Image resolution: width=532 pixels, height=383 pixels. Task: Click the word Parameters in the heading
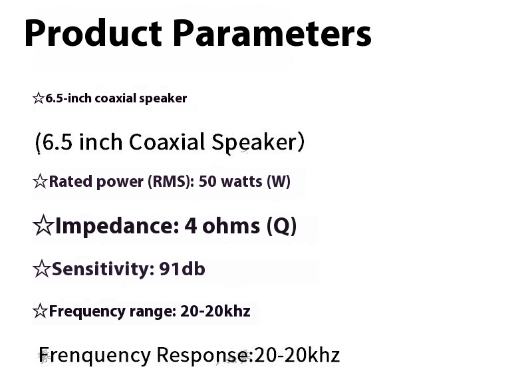click(271, 33)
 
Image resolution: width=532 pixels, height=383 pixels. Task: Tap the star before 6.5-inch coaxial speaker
click(38, 98)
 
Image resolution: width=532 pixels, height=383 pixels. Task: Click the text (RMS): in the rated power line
click(170, 182)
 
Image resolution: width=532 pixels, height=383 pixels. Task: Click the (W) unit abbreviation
click(279, 182)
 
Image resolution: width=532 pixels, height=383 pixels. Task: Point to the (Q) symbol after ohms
click(281, 226)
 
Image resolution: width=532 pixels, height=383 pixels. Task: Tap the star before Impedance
click(43, 226)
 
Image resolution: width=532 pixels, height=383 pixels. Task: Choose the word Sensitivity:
click(102, 269)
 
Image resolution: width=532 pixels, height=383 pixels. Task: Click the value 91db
click(182, 269)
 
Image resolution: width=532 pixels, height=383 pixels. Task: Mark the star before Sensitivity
click(41, 269)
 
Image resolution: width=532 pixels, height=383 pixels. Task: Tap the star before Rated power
click(40, 182)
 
